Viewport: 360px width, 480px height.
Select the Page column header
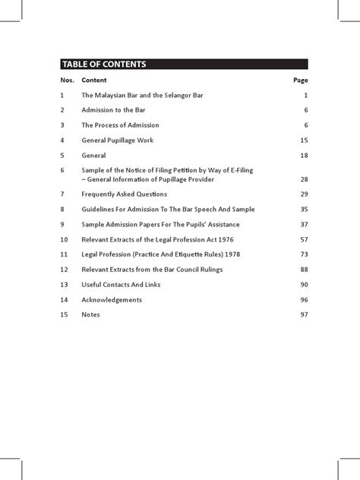(300, 80)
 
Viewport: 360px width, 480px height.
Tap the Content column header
(94, 80)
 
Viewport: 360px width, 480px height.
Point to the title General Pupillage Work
(122, 141)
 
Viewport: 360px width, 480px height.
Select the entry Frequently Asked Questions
(125, 195)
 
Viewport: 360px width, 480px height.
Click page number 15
(303, 141)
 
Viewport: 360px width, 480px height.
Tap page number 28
(303, 179)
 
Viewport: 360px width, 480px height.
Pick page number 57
(303, 239)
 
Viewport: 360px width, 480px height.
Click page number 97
(303, 315)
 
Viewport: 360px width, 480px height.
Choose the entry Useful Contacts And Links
(121, 285)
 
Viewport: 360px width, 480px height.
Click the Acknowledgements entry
(112, 300)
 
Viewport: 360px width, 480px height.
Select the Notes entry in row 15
(91, 315)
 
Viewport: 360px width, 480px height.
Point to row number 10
(64, 239)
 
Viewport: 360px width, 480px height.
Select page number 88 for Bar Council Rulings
(303, 270)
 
